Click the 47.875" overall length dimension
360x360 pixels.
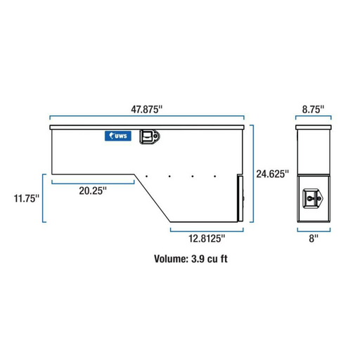147,110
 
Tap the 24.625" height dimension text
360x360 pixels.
272,174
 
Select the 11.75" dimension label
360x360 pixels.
27,198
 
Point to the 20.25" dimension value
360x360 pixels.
93,191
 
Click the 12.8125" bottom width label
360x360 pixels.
207,238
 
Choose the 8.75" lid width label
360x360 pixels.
313,110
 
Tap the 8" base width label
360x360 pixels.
314,238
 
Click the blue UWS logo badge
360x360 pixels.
118,136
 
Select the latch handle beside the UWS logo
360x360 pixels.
149,136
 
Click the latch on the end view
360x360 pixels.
313,198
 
